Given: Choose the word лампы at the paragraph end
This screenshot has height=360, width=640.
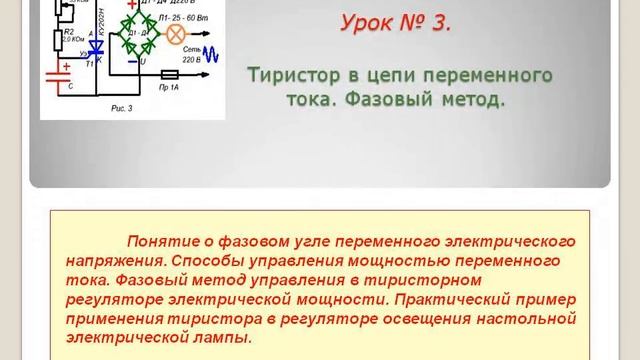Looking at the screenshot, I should tap(225, 337).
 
